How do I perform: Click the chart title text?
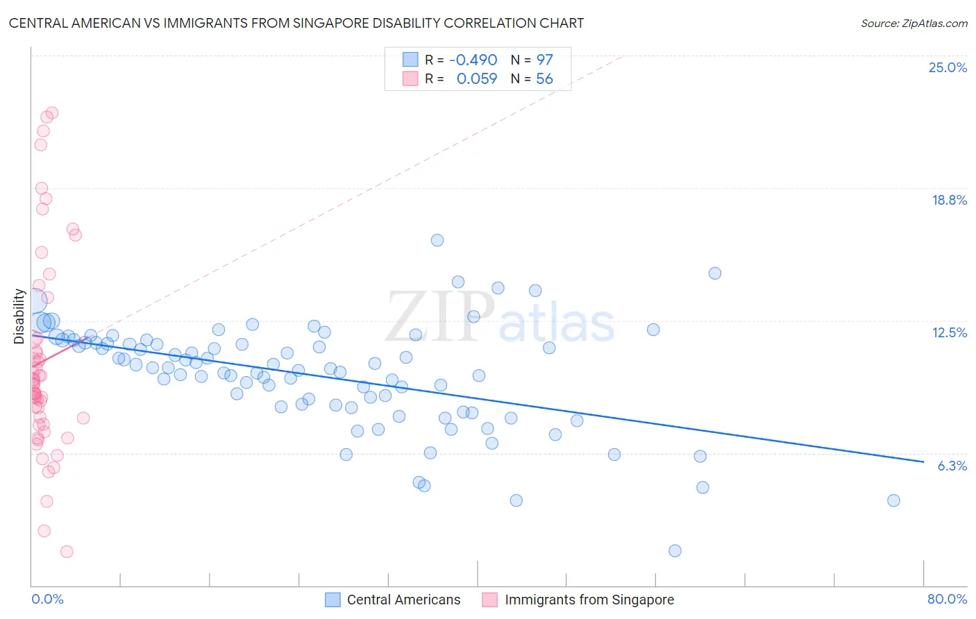tap(296, 23)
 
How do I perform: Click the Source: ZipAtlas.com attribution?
tap(914, 23)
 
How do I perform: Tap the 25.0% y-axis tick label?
tap(948, 67)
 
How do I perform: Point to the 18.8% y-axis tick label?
tap(949, 200)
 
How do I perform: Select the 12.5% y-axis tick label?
tap(949, 332)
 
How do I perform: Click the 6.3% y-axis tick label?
tap(952, 466)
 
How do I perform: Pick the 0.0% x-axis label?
tap(47, 599)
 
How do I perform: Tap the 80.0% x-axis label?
tap(947, 599)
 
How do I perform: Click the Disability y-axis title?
tap(19, 316)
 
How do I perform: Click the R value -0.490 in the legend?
tap(473, 60)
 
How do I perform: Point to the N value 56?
tap(544, 78)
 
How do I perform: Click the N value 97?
tap(544, 60)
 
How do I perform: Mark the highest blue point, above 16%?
tap(437, 240)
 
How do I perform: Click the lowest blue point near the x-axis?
tap(675, 551)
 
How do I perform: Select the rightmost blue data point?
tap(893, 500)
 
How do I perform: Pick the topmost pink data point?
tap(51, 112)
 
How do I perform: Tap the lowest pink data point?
tap(67, 552)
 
